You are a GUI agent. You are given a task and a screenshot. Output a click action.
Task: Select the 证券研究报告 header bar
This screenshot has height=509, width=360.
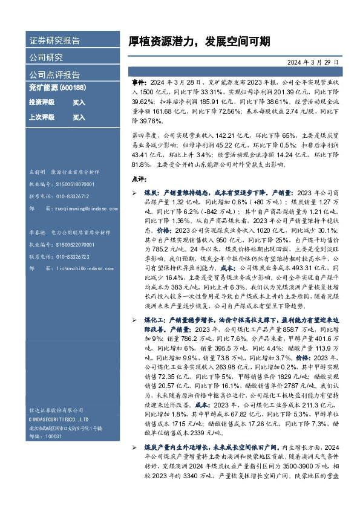pos(55,41)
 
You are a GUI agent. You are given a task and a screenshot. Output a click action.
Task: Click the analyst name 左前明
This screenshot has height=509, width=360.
pos(38,172)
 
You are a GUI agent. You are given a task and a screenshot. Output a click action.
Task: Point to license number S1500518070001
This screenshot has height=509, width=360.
pos(72,184)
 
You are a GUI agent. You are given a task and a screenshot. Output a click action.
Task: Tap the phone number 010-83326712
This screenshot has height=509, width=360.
pos(72,196)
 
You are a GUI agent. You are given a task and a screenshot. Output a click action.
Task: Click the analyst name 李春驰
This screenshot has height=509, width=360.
pos(38,232)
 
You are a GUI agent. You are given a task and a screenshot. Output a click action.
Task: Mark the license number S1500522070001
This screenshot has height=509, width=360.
pos(72,244)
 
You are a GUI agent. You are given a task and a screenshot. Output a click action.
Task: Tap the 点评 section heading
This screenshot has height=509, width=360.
pos(139,179)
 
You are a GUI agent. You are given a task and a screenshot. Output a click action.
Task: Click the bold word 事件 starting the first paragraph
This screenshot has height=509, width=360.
pos(139,81)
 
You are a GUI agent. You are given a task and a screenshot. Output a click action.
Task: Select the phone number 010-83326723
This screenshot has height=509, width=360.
pos(72,256)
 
